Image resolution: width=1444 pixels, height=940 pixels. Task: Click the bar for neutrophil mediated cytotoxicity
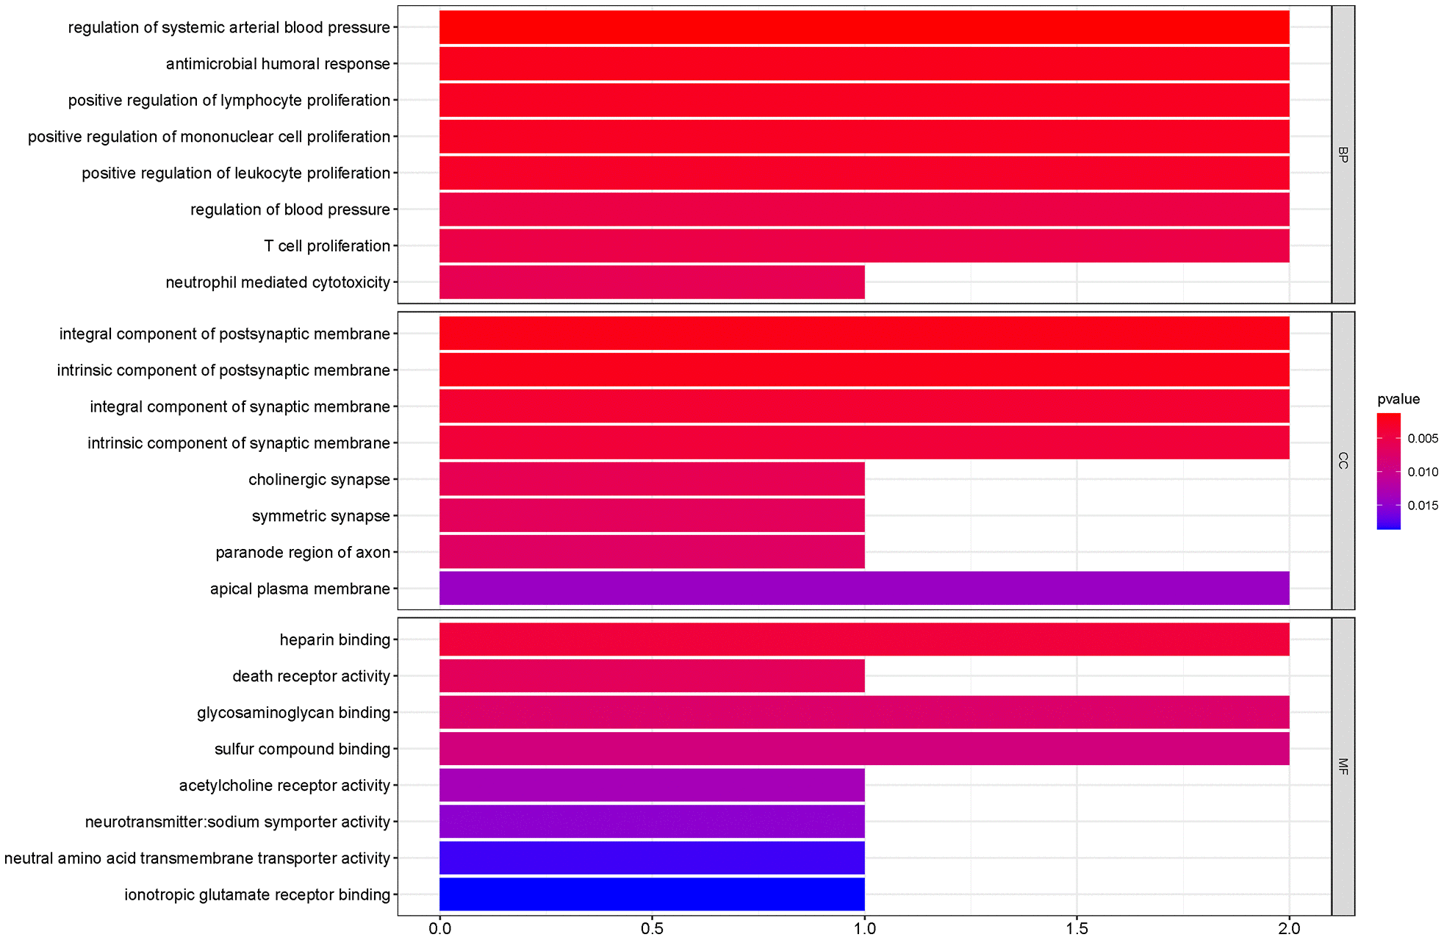(652, 282)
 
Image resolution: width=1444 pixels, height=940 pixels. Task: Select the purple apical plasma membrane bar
(864, 589)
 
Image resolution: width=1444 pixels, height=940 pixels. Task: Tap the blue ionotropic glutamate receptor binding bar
(652, 894)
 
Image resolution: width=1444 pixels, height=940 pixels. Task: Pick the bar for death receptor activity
(652, 676)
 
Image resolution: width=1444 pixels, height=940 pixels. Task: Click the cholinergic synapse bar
(652, 480)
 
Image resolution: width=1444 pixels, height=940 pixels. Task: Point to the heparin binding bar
(864, 639)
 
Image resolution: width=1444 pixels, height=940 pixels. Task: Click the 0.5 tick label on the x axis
(652, 928)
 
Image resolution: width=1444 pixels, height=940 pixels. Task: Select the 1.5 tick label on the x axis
(1077, 928)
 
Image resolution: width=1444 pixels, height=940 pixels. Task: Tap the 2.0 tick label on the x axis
(1289, 928)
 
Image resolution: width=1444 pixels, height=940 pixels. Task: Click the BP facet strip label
(1343, 155)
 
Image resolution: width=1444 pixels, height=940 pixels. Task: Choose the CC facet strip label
(1343, 461)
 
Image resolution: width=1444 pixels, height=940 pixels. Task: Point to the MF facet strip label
(1343, 767)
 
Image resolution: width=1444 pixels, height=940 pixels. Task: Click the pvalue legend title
(1398, 399)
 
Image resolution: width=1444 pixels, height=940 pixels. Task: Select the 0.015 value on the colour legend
(1423, 506)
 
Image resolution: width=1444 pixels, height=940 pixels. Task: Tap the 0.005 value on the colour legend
(1423, 439)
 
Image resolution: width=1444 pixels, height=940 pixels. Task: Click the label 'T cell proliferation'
(327, 246)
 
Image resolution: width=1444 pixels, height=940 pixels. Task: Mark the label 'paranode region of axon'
(303, 553)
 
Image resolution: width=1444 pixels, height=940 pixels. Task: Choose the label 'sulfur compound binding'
(302, 749)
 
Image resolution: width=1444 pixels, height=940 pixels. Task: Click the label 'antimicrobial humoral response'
(278, 64)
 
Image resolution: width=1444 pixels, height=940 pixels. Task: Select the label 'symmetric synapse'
(320, 516)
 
